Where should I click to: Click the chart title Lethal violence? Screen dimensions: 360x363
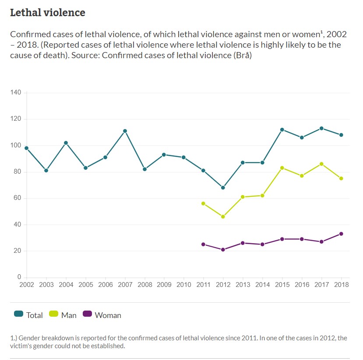point(47,13)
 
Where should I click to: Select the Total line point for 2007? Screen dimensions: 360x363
point(125,131)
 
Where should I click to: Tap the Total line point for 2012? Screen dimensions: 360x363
point(223,188)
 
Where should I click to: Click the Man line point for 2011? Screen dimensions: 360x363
point(203,203)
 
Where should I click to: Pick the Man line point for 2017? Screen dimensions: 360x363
point(321,164)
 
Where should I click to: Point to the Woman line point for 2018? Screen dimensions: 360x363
point(341,234)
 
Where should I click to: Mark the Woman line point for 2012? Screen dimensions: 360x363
point(223,250)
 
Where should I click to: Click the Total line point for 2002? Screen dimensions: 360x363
point(27,148)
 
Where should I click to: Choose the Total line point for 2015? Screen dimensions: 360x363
point(282,129)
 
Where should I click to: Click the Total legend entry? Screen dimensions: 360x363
point(28,315)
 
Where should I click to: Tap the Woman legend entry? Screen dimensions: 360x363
point(102,315)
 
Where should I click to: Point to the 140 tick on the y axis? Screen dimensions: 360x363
point(16,93)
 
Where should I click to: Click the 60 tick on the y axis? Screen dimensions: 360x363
point(18,198)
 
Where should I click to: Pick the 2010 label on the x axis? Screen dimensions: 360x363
point(184,285)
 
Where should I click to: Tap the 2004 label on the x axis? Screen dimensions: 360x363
point(66,285)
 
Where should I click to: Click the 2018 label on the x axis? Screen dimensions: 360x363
point(341,285)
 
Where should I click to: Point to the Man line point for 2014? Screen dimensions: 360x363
point(262,196)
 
